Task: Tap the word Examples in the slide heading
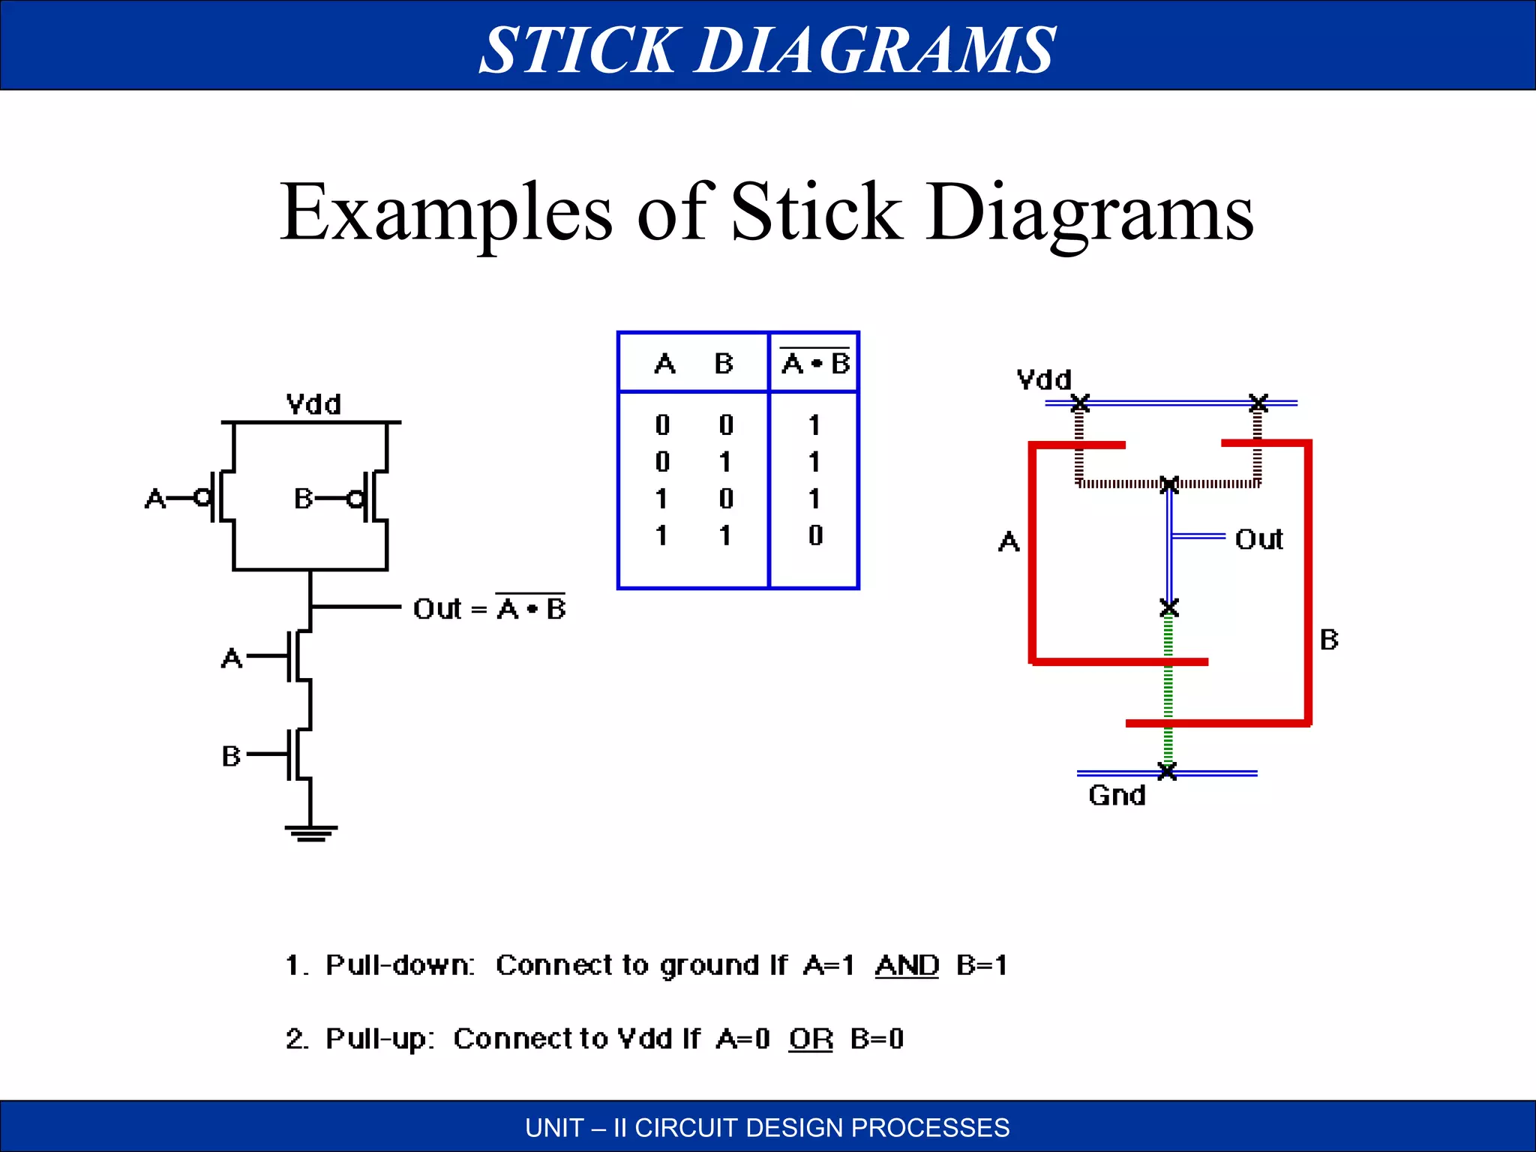pyautogui.click(x=447, y=213)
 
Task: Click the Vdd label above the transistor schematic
pyautogui.click(x=313, y=405)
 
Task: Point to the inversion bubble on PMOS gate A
pyautogui.click(x=202, y=497)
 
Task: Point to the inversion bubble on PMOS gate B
pyautogui.click(x=355, y=498)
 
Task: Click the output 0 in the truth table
pyautogui.click(x=815, y=535)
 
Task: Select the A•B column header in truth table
pyautogui.click(x=815, y=364)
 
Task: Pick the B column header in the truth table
pyautogui.click(x=723, y=364)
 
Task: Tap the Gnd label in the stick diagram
pyautogui.click(x=1117, y=795)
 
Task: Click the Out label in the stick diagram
pyautogui.click(x=1258, y=539)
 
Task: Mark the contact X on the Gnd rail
pyautogui.click(x=1167, y=771)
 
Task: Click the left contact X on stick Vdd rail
pyautogui.click(x=1079, y=403)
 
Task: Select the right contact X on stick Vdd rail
pyautogui.click(x=1258, y=403)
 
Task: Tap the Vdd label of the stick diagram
pyautogui.click(x=1043, y=379)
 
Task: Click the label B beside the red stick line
pyautogui.click(x=1328, y=640)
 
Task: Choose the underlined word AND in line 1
pyautogui.click(x=907, y=965)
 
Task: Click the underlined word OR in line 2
pyautogui.click(x=811, y=1039)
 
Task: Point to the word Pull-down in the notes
pyautogui.click(x=399, y=965)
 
